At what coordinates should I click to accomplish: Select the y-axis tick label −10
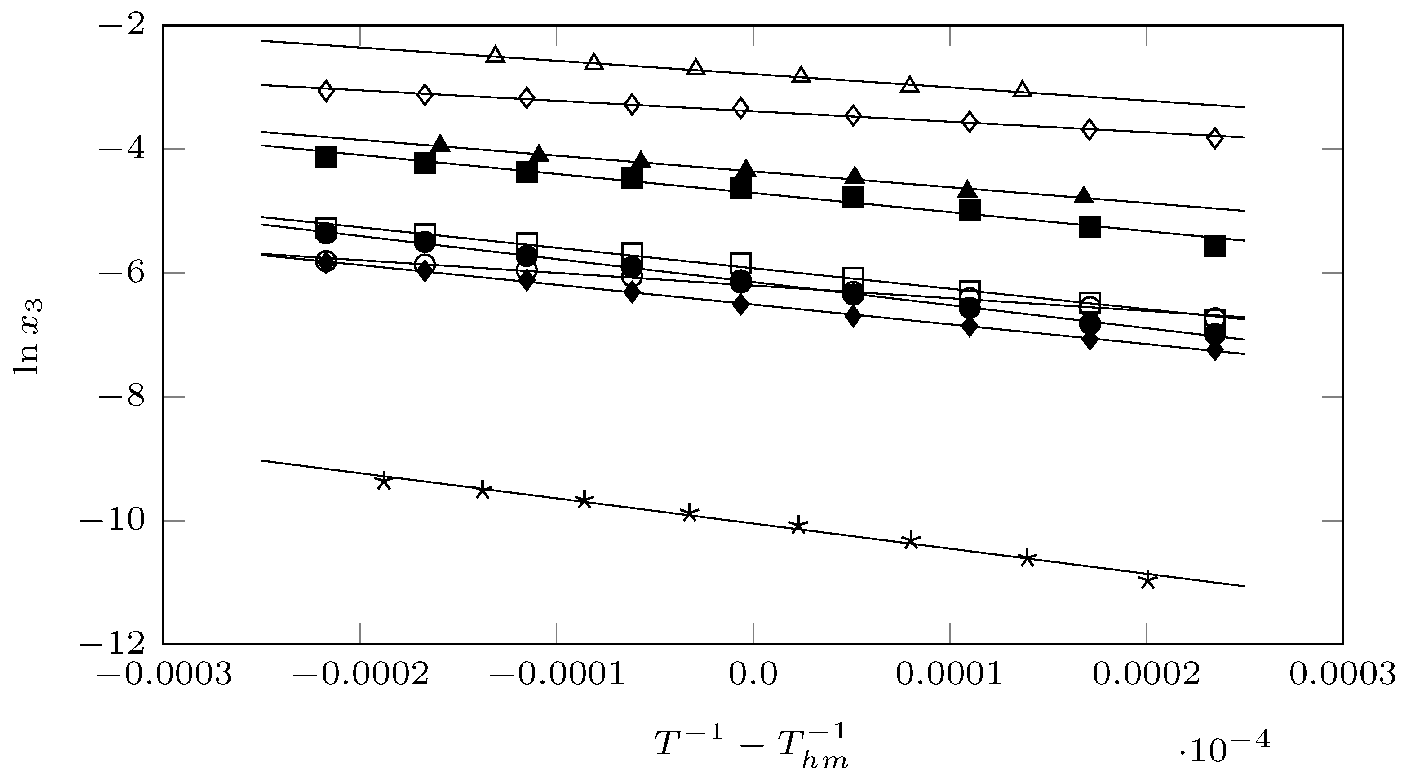click(112, 522)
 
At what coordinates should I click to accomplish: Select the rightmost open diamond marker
click(1214, 138)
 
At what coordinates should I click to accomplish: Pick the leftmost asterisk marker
click(384, 481)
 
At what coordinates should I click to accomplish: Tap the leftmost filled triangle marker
click(440, 143)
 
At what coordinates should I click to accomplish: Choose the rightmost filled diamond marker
click(1214, 351)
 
